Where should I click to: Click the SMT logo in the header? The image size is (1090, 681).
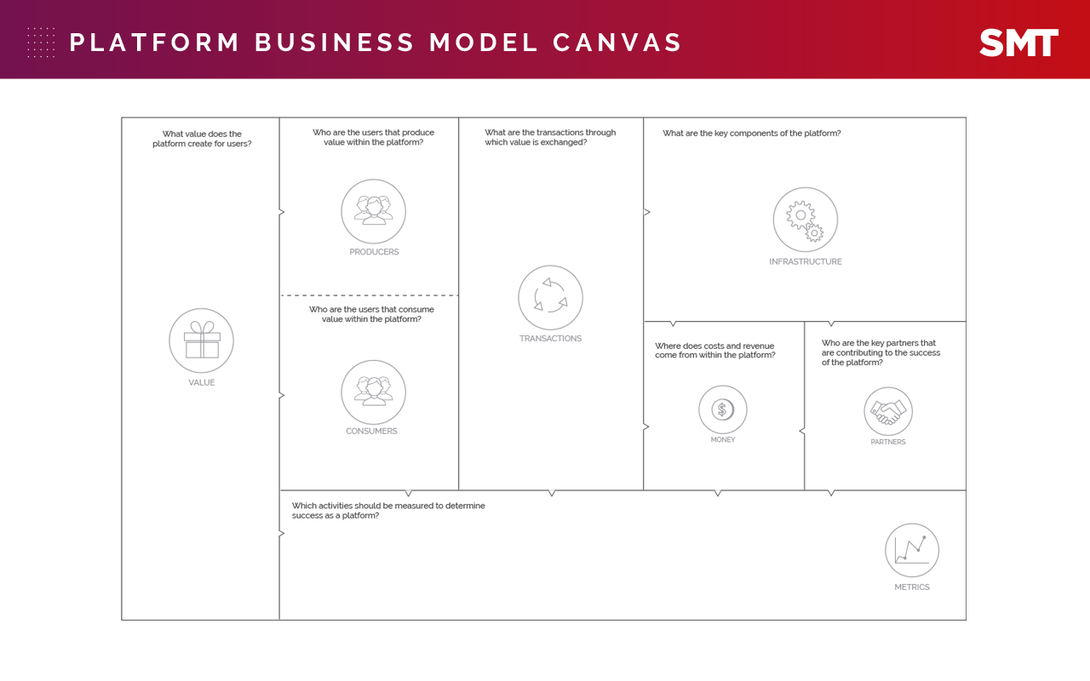1018,43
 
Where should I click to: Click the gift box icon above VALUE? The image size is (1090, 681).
202,340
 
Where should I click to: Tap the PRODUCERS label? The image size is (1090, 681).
374,252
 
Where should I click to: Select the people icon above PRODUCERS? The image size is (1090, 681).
374,211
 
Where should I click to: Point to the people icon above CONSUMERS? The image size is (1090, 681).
374,392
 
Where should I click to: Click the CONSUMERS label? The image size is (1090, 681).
371,432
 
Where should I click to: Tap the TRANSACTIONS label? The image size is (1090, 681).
550,339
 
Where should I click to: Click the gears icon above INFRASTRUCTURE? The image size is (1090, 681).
805,220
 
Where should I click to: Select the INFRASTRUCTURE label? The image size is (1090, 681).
805,262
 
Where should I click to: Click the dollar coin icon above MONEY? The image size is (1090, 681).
722,409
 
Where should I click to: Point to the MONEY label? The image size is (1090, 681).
722,440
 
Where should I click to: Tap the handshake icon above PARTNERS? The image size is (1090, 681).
887,412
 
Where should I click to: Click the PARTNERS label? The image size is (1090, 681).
887,443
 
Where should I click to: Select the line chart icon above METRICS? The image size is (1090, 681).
911,550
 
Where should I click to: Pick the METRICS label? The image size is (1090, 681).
911,587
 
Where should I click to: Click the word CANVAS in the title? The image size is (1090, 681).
617,43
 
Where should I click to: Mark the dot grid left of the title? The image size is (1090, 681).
41,43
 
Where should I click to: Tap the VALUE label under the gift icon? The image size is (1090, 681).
202,383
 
